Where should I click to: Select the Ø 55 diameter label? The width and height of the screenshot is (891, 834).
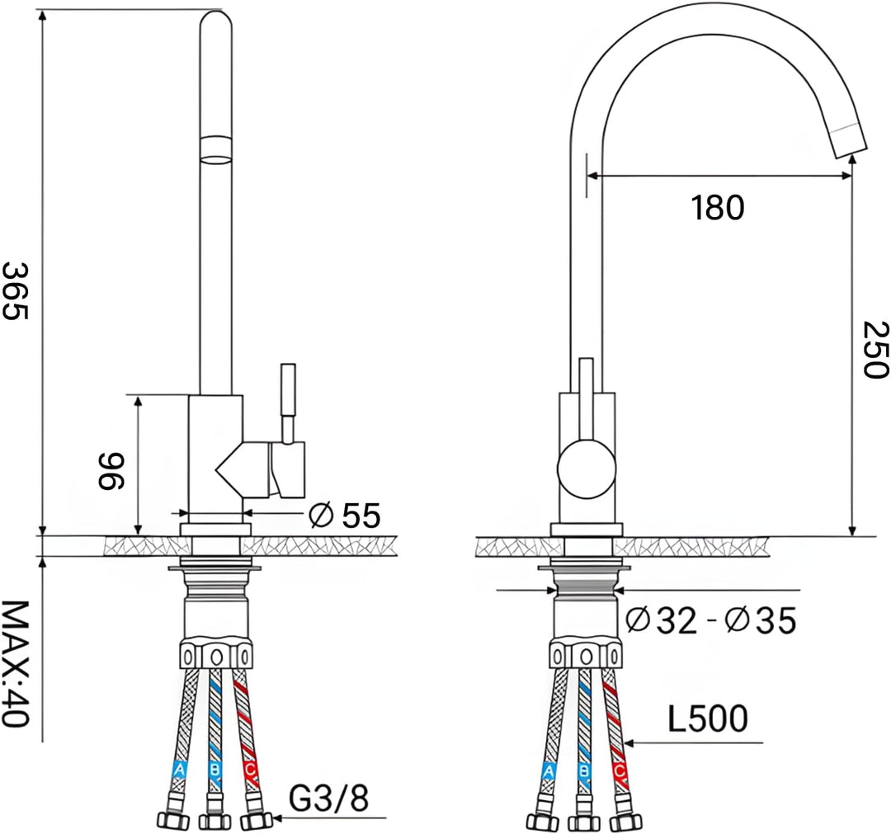click(x=344, y=516)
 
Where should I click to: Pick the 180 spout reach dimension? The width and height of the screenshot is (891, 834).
click(x=717, y=207)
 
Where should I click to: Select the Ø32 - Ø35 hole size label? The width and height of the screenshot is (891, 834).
click(x=710, y=620)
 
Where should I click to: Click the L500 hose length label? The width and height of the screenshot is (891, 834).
click(x=707, y=719)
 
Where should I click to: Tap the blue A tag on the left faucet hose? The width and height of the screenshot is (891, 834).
click(x=178, y=770)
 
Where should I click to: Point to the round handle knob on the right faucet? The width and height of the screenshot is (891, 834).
click(x=586, y=469)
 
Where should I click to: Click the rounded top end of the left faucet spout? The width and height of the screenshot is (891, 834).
click(x=217, y=20)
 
